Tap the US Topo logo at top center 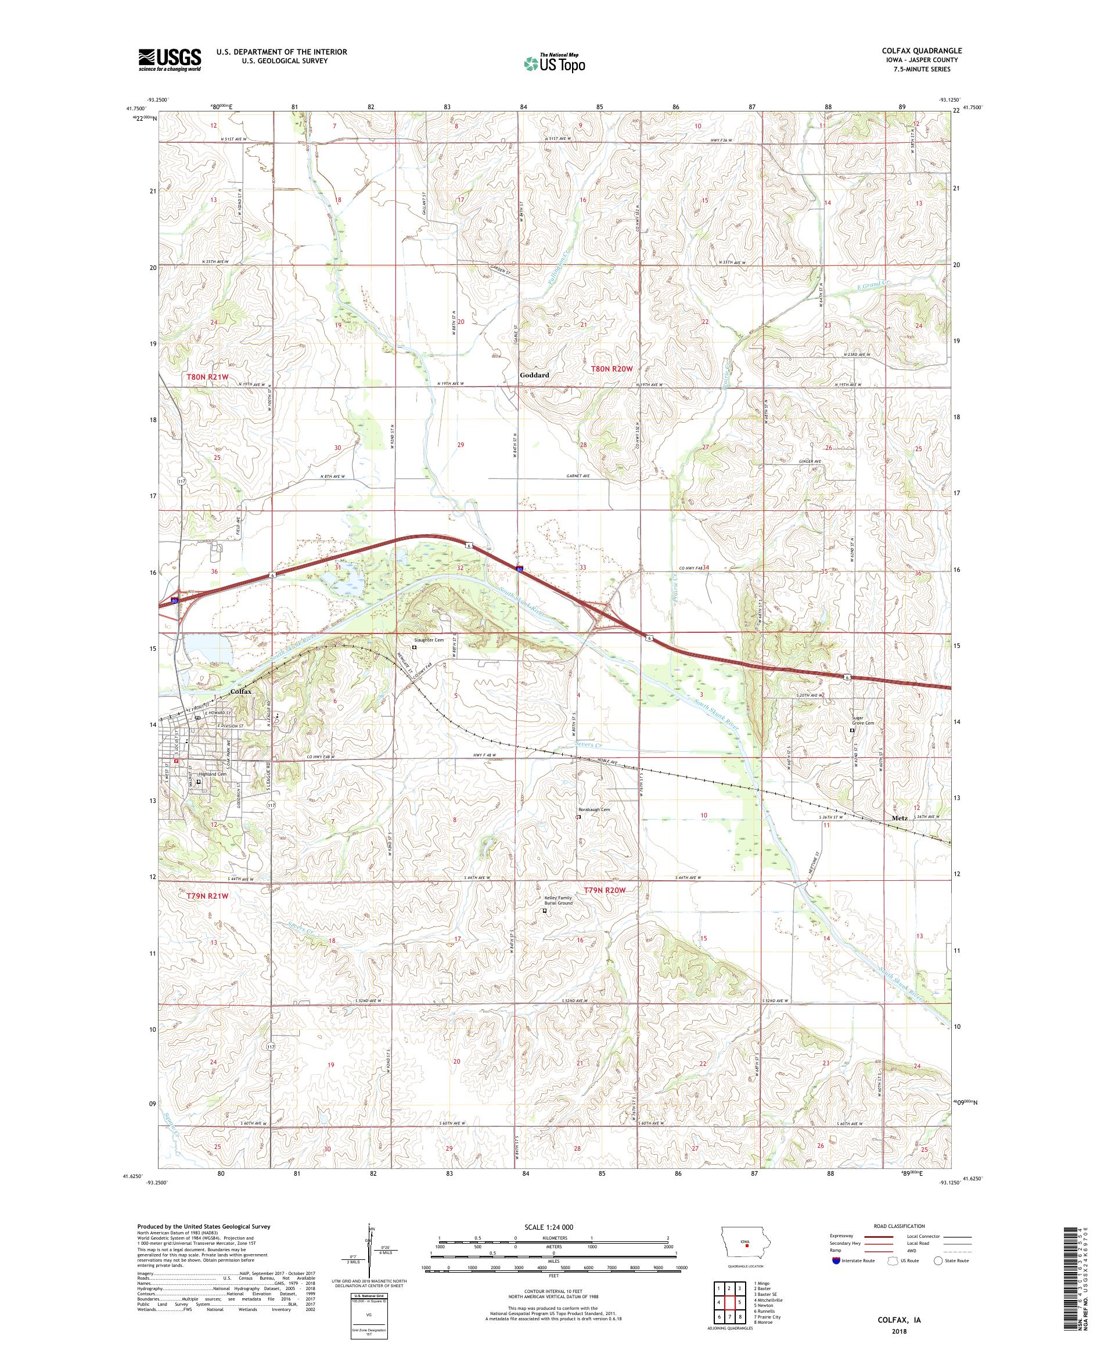point(555,63)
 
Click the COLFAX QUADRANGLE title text point(921,51)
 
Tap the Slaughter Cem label point(429,639)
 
